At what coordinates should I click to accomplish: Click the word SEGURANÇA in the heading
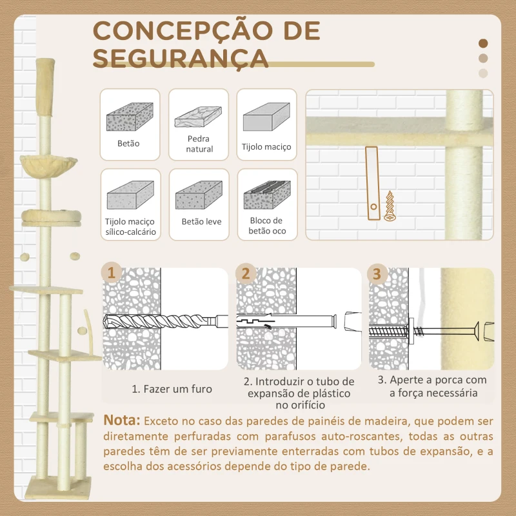[181, 57]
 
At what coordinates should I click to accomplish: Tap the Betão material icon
[129, 117]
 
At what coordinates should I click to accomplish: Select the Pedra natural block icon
[199, 117]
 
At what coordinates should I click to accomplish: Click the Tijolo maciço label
[266, 147]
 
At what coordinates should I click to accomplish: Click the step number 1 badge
[112, 273]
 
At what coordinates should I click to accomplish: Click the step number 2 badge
[245, 273]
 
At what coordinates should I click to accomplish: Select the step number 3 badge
[377, 273]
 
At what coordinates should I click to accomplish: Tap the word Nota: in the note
[121, 421]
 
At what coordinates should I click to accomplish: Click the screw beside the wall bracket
[389, 206]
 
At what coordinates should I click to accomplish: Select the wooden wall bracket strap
[371, 184]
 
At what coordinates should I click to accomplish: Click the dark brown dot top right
[483, 44]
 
